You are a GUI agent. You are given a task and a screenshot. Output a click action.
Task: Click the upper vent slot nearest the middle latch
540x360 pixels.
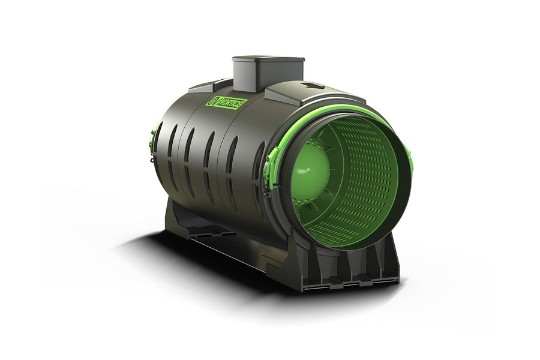click(x=258, y=157)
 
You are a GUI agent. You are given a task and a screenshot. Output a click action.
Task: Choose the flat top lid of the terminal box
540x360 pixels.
click(x=268, y=61)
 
